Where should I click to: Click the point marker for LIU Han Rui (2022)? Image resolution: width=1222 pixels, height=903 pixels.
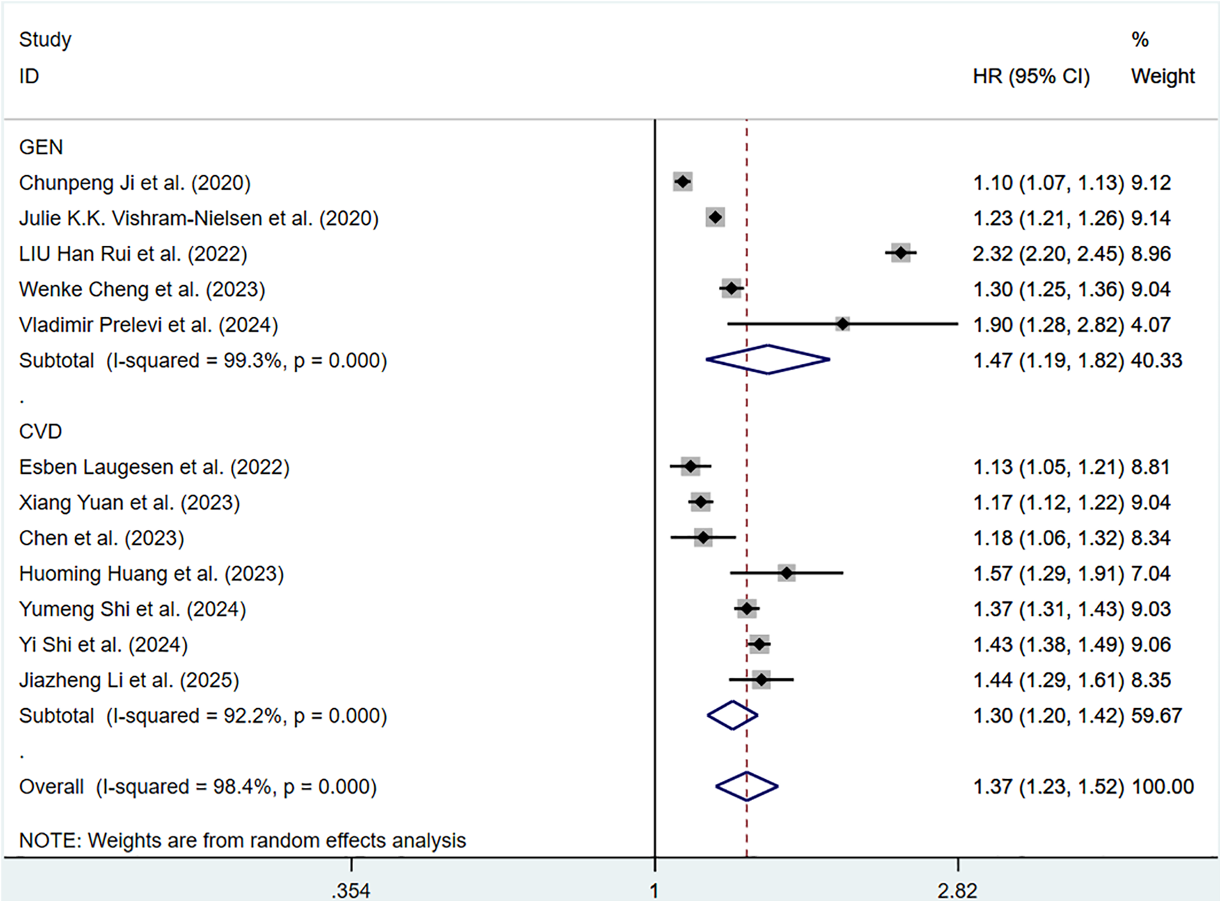point(900,253)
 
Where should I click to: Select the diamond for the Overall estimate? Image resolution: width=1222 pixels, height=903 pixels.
point(747,787)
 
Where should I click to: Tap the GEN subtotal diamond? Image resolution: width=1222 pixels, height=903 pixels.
point(768,359)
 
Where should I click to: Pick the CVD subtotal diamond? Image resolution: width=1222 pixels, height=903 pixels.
point(733,715)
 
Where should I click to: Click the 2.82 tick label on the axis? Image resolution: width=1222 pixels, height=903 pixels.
point(957,891)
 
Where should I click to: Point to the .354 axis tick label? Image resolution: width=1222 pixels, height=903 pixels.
point(351,891)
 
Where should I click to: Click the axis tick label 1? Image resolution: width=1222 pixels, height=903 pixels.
point(655,891)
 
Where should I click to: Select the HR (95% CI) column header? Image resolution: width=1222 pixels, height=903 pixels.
point(1031,76)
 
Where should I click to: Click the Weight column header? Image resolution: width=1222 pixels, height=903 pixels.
point(1162,76)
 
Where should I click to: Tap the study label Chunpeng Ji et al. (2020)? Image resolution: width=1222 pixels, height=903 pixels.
point(135,183)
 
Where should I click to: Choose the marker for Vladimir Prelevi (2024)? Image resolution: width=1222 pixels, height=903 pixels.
point(842,324)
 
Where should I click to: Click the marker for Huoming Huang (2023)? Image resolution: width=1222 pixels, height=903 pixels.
point(786,573)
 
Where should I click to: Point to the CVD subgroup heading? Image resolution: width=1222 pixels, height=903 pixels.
point(41,431)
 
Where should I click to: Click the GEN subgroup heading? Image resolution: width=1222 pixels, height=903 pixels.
point(41,147)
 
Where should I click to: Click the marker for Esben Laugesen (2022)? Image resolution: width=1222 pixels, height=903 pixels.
point(690,466)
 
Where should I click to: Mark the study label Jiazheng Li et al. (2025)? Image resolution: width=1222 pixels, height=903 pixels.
point(129,680)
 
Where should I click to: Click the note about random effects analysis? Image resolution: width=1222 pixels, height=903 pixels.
point(242,840)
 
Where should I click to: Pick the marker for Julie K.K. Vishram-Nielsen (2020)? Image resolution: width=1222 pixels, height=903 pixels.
point(715,218)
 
